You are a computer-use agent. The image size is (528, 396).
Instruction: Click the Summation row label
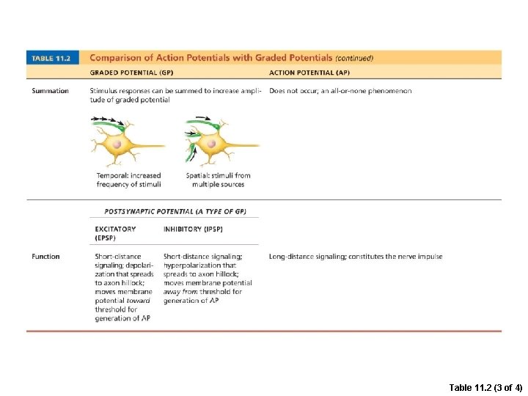50,91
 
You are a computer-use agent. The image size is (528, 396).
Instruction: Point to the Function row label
45,257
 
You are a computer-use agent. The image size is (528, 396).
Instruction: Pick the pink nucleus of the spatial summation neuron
211,144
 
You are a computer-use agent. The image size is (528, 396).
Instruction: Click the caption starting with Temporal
128,180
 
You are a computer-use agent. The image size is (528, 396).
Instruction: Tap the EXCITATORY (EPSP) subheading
115,233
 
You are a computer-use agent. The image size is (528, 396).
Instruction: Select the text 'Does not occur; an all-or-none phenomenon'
340,91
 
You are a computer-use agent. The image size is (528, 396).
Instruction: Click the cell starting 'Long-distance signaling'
355,257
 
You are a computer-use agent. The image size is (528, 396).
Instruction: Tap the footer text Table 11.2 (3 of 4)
485,386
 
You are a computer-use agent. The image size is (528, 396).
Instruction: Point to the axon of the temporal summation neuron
154,146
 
